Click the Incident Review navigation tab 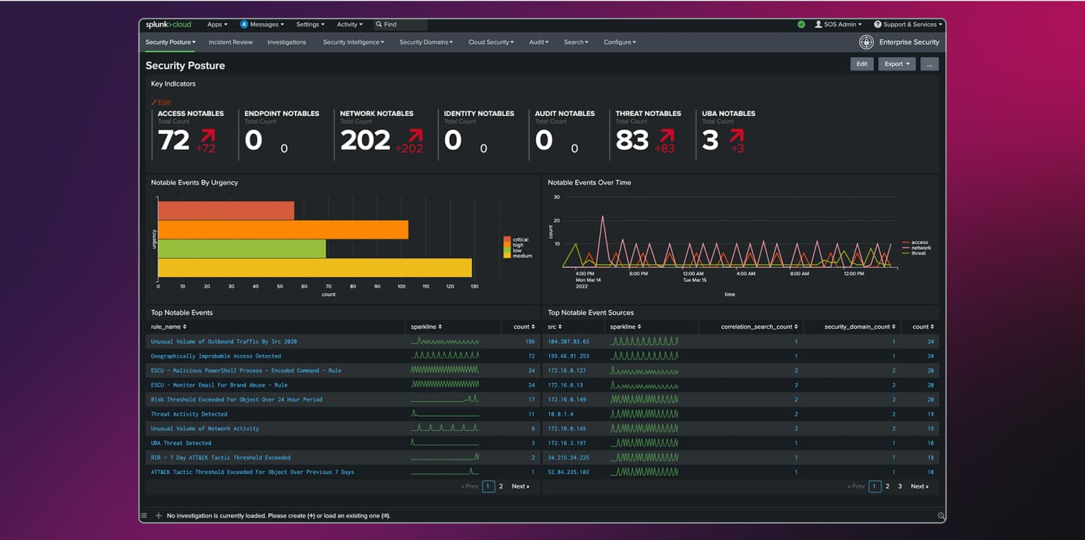click(x=230, y=42)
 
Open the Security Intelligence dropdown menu click(x=353, y=42)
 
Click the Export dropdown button click(x=896, y=64)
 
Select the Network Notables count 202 click(x=365, y=140)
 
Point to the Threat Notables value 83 click(x=632, y=140)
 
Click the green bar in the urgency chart click(x=242, y=248)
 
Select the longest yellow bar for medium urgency click(x=314, y=268)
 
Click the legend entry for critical click(x=519, y=240)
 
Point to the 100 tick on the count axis click(x=401, y=286)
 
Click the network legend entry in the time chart click(x=920, y=248)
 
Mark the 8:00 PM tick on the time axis click(x=638, y=274)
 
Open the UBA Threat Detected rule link click(x=181, y=443)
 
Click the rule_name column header click(x=169, y=327)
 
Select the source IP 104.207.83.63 click(x=568, y=341)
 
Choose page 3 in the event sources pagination click(x=900, y=486)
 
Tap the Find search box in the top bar click(x=401, y=25)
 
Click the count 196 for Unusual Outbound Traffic click(x=529, y=341)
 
